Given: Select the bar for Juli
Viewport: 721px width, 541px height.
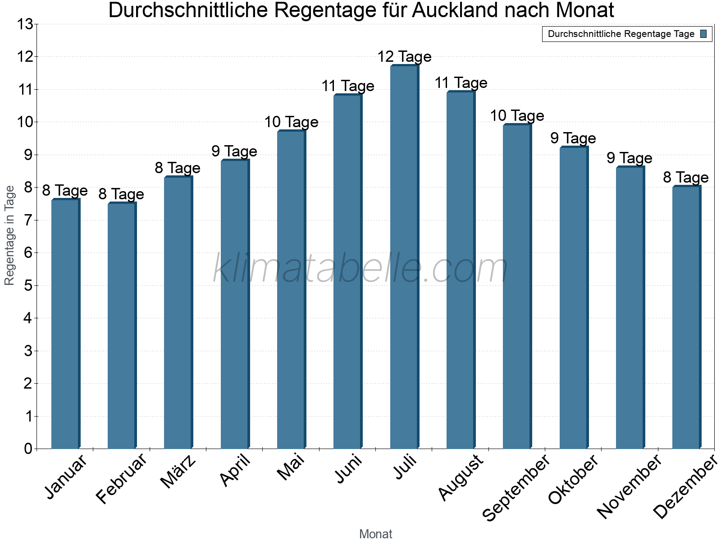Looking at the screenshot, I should click(x=404, y=257).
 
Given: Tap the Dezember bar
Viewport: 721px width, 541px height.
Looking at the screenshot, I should click(x=686, y=317).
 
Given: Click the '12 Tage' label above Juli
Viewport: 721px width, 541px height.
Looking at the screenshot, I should click(x=404, y=57).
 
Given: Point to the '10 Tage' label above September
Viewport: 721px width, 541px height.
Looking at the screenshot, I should click(x=517, y=116).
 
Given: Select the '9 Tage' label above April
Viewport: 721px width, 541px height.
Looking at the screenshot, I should click(x=234, y=151).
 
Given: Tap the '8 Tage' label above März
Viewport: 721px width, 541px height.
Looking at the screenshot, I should click(x=178, y=168).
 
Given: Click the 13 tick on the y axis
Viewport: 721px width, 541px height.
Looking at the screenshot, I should click(x=25, y=24).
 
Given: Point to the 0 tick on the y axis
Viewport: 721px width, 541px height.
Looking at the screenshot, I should click(x=28, y=449).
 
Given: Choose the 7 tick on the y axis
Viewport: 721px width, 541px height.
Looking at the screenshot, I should click(x=28, y=220).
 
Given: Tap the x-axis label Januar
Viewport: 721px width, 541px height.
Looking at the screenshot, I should click(x=66, y=477).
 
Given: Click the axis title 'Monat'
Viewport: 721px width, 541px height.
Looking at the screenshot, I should click(x=375, y=534).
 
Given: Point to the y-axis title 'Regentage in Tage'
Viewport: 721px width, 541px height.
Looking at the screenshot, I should click(x=10, y=235).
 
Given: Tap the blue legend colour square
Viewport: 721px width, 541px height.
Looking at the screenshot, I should click(x=703, y=34).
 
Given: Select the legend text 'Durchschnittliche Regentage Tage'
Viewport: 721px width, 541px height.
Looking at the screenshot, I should click(x=621, y=34).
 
